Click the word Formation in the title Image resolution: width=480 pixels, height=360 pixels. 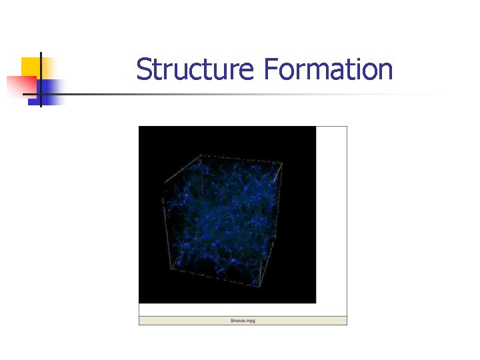328,70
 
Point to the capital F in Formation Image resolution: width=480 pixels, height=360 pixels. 269,70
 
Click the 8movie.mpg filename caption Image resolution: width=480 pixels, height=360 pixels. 243,321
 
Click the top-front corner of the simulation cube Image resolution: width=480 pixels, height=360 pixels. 200,155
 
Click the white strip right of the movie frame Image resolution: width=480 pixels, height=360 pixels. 331,213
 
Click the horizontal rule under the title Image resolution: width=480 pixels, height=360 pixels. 267,95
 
